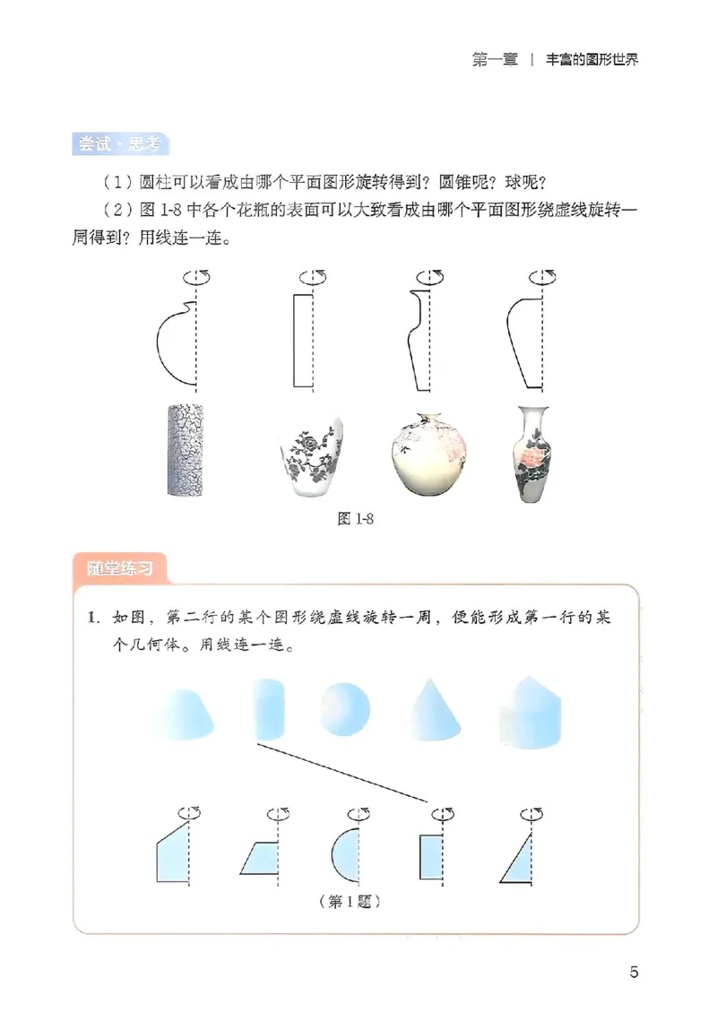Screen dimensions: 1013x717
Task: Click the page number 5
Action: [634, 972]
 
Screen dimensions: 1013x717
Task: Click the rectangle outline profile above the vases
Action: [303, 341]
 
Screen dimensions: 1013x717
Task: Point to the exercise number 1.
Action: [91, 619]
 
